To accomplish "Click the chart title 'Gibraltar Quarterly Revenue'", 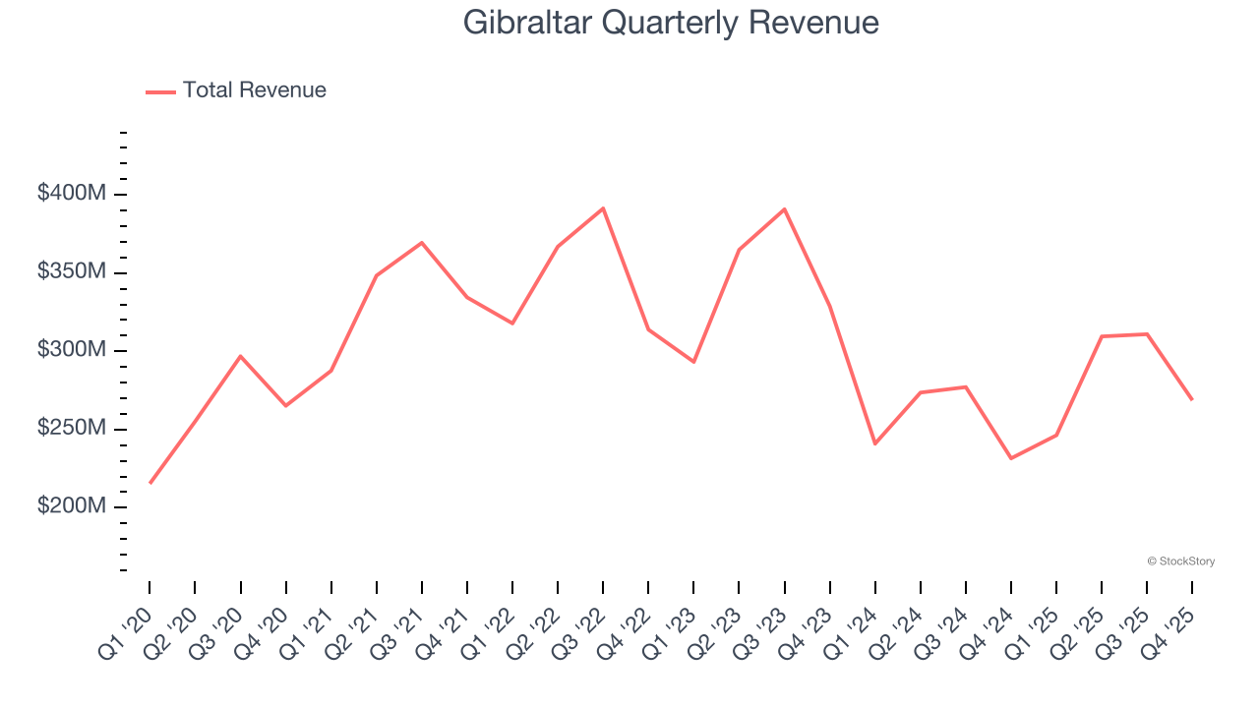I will pyautogui.click(x=671, y=23).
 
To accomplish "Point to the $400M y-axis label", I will pyautogui.click(x=72, y=194).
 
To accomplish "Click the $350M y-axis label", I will pyautogui.click(x=72, y=271).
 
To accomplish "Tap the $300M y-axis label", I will pyautogui.click(x=72, y=350).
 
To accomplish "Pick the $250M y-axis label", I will pyautogui.click(x=72, y=429).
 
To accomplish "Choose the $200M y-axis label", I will pyautogui.click(x=72, y=506).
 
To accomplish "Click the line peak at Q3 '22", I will pyautogui.click(x=603, y=208).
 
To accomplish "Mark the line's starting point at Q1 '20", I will pyautogui.click(x=150, y=483).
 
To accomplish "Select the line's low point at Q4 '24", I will pyautogui.click(x=1011, y=458).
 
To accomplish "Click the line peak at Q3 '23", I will pyautogui.click(x=784, y=209).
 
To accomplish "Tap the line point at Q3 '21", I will pyautogui.click(x=422, y=242).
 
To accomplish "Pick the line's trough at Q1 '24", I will pyautogui.click(x=874, y=443).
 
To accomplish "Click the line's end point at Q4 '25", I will pyautogui.click(x=1192, y=399).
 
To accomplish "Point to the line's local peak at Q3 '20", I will pyautogui.click(x=240, y=356).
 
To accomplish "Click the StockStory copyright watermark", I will pyautogui.click(x=1180, y=561).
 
